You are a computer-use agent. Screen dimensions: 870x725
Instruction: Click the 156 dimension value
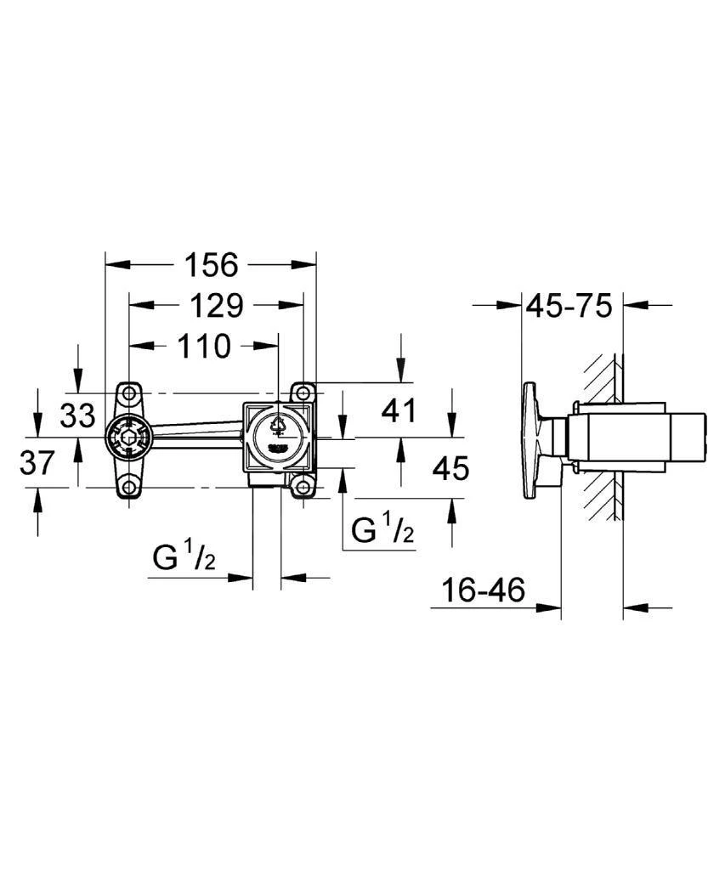click(x=211, y=265)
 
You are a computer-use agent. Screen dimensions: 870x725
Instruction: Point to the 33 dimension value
click(x=78, y=416)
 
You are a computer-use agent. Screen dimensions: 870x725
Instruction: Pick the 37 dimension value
click(x=37, y=463)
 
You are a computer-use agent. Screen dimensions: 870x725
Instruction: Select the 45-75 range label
click(x=570, y=305)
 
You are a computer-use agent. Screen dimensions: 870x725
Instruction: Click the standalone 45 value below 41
click(x=450, y=468)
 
